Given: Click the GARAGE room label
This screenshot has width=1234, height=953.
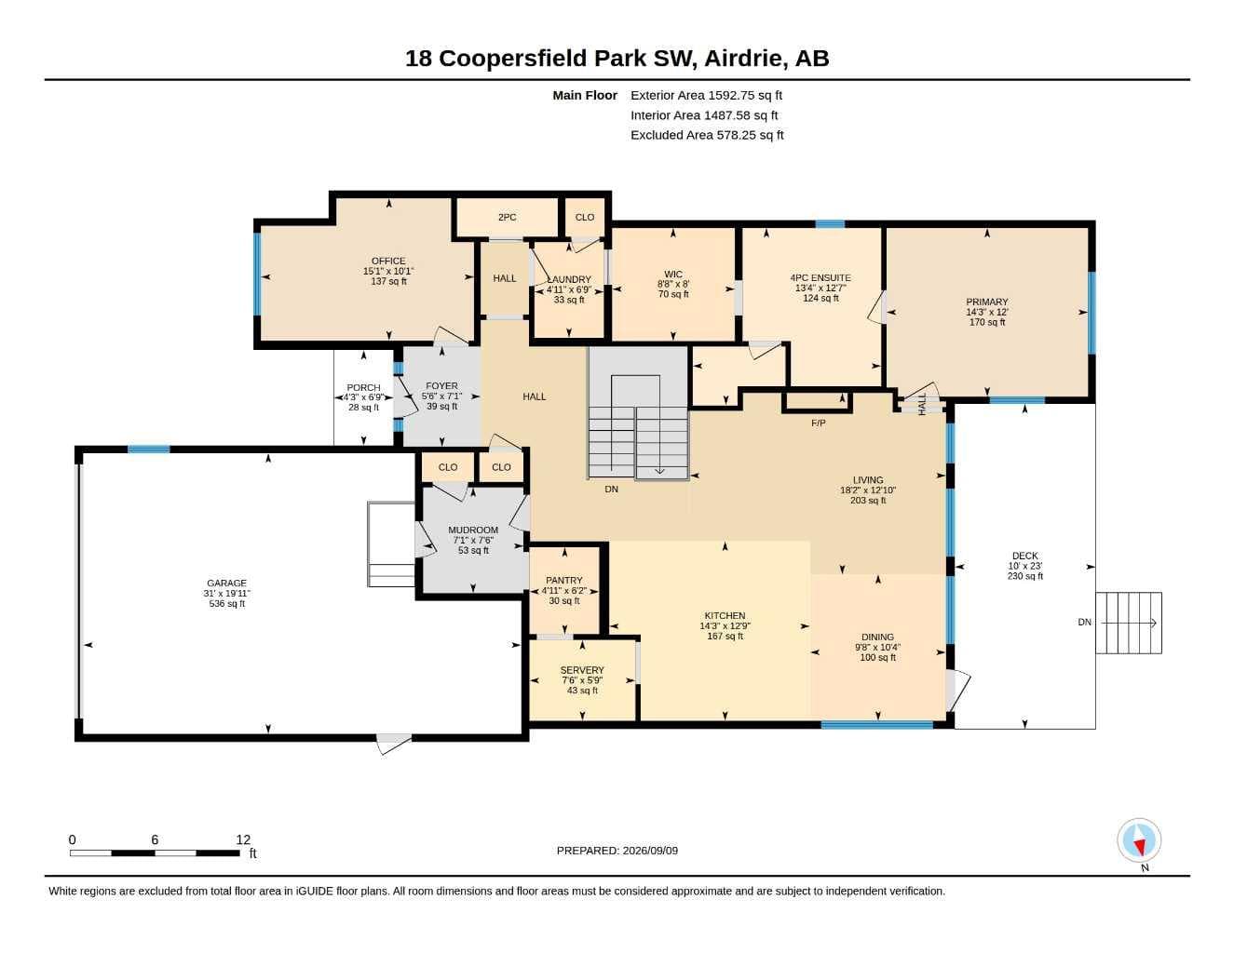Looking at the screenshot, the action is coord(226,583).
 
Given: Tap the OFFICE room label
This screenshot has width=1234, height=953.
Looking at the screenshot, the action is coord(388,261).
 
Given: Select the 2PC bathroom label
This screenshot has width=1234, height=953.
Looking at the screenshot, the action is coord(508,217).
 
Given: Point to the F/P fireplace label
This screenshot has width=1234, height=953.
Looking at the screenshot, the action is coord(819,423).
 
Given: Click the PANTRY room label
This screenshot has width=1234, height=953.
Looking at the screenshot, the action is coord(563,581).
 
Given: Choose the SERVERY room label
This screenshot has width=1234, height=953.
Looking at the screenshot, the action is coord(582,670).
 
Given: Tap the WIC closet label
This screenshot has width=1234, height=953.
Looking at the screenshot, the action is coord(673,274).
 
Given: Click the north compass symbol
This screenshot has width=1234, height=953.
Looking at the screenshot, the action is coord(1139,840).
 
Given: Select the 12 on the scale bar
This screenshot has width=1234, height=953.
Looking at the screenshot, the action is coord(243,839).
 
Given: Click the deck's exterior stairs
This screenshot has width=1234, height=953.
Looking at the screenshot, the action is coord(1129,623).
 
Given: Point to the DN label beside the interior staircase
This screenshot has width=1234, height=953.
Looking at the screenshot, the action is coord(611,489).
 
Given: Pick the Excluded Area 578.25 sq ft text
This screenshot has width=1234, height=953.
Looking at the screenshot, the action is coord(707,135).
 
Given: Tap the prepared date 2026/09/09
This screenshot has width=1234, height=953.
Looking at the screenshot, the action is coord(650,851).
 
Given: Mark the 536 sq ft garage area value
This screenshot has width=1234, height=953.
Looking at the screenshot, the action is coord(226,604).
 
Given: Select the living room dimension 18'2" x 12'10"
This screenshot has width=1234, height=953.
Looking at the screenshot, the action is coord(868,490).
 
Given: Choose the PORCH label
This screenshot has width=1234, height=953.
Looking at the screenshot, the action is coord(363,387).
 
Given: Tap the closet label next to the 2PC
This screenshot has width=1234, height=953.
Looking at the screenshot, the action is coord(584,217).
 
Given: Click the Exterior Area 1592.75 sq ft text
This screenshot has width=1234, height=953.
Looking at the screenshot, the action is coord(706,95).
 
